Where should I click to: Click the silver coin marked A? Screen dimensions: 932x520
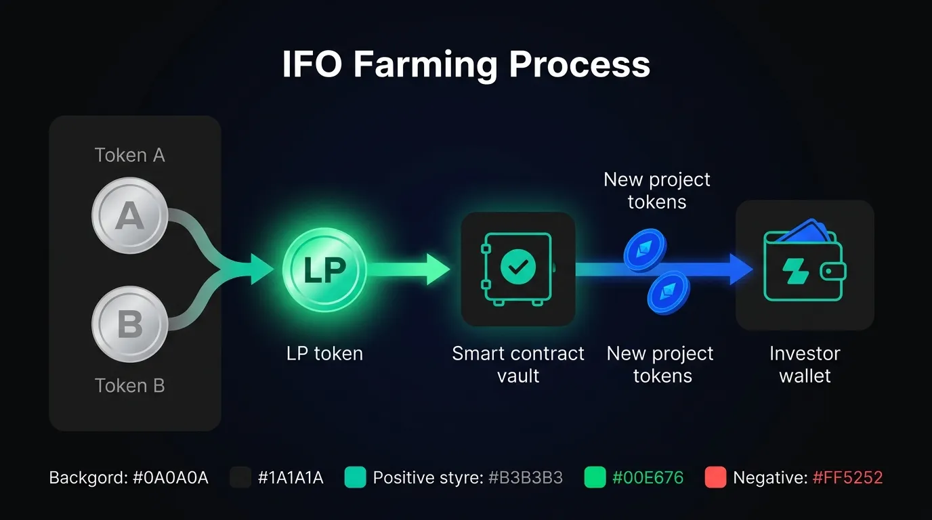pyautogui.click(x=130, y=215)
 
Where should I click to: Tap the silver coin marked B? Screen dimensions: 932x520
pyautogui.click(x=130, y=324)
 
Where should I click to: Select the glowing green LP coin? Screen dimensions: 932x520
pyautogui.click(x=324, y=269)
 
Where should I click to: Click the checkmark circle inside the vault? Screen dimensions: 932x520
pyautogui.click(x=518, y=267)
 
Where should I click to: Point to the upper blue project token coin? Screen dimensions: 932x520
pyautogui.click(x=645, y=250)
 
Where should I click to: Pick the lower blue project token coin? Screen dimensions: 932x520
pyautogui.click(x=669, y=292)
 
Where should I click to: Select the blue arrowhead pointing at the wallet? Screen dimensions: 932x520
pyautogui.click(x=741, y=269)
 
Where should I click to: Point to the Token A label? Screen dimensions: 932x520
pyautogui.click(x=130, y=155)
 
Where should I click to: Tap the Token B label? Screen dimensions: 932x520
pyautogui.click(x=130, y=386)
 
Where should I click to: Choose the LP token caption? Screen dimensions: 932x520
pyautogui.click(x=324, y=353)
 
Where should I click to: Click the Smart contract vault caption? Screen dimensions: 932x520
pyautogui.click(x=518, y=365)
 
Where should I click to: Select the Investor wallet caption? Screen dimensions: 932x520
pyautogui.click(x=805, y=365)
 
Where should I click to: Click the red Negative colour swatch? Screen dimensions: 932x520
pyautogui.click(x=716, y=477)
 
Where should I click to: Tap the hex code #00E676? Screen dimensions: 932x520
pyautogui.click(x=648, y=477)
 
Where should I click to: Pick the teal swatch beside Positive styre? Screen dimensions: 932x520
pyautogui.click(x=356, y=477)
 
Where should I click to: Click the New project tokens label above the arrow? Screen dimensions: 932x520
pyautogui.click(x=656, y=190)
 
